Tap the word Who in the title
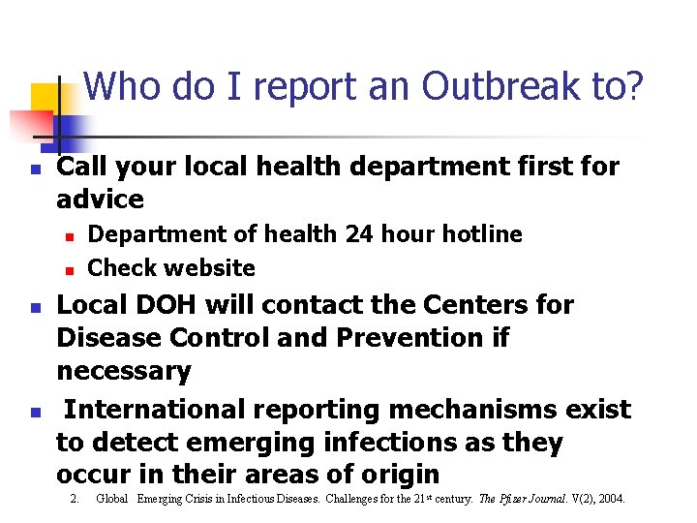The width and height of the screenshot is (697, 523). tap(125, 87)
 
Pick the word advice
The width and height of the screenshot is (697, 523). tap(100, 200)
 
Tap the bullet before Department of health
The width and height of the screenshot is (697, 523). tap(69, 235)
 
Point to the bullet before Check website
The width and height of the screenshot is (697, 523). tap(69, 269)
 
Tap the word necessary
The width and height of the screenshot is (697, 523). tap(124, 371)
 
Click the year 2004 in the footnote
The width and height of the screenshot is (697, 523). tap(610, 500)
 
